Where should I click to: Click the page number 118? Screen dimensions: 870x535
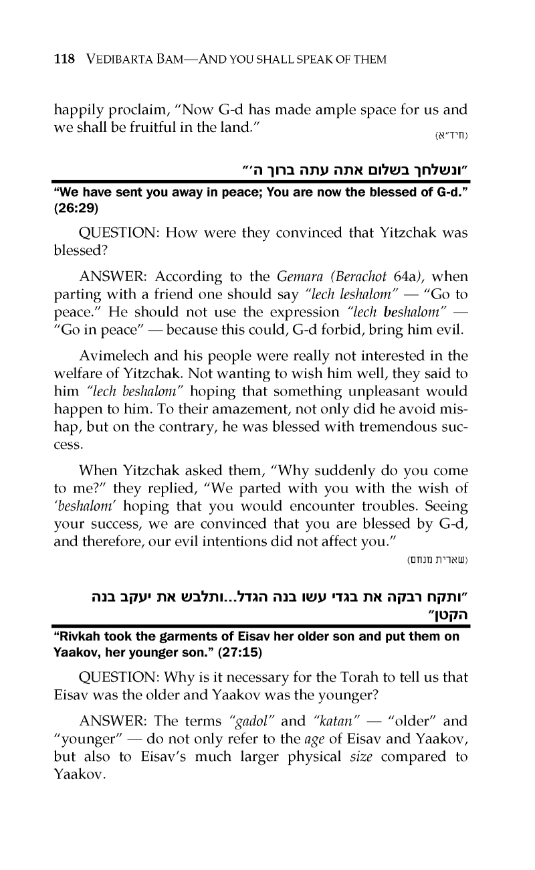64,60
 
